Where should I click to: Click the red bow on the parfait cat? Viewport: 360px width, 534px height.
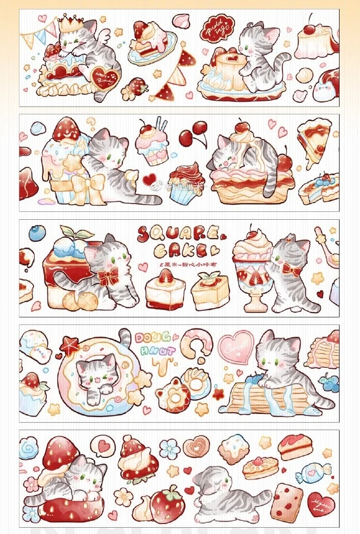(291, 269)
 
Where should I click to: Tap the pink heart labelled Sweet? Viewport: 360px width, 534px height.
(236, 346)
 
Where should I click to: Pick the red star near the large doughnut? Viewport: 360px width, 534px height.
(69, 346)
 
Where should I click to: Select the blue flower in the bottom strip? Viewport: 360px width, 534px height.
(170, 448)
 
